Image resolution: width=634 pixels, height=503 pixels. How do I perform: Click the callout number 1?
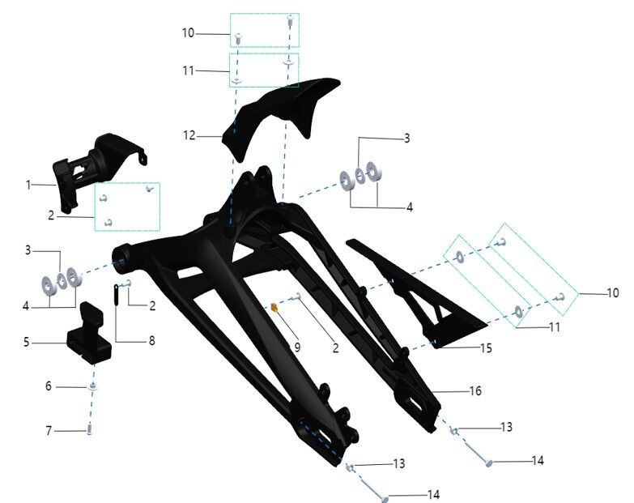[28, 185]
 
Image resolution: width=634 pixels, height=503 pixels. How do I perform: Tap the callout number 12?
[189, 136]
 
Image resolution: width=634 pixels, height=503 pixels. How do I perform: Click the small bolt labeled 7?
[90, 431]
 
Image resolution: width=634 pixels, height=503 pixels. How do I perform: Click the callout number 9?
[297, 347]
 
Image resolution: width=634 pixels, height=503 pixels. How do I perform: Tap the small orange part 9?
[274, 308]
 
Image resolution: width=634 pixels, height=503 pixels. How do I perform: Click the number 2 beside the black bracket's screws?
[50, 215]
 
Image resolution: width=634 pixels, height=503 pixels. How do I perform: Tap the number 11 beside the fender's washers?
[188, 71]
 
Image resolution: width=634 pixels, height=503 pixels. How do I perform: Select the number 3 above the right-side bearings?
[407, 139]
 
